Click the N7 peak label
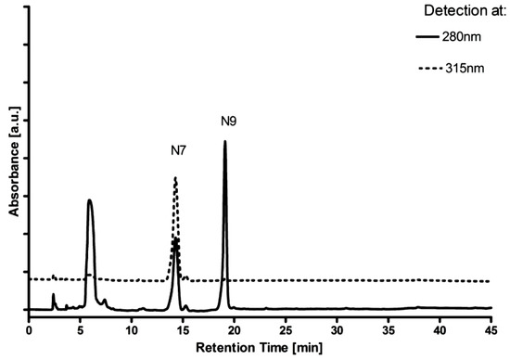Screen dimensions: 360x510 (x=180, y=149)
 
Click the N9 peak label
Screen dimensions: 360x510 (x=229, y=121)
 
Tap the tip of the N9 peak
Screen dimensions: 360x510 (x=224, y=142)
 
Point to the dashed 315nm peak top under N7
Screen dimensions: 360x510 (x=175, y=178)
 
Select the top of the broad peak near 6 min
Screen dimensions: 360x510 (x=89, y=200)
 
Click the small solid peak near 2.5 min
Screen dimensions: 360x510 (x=53, y=295)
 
